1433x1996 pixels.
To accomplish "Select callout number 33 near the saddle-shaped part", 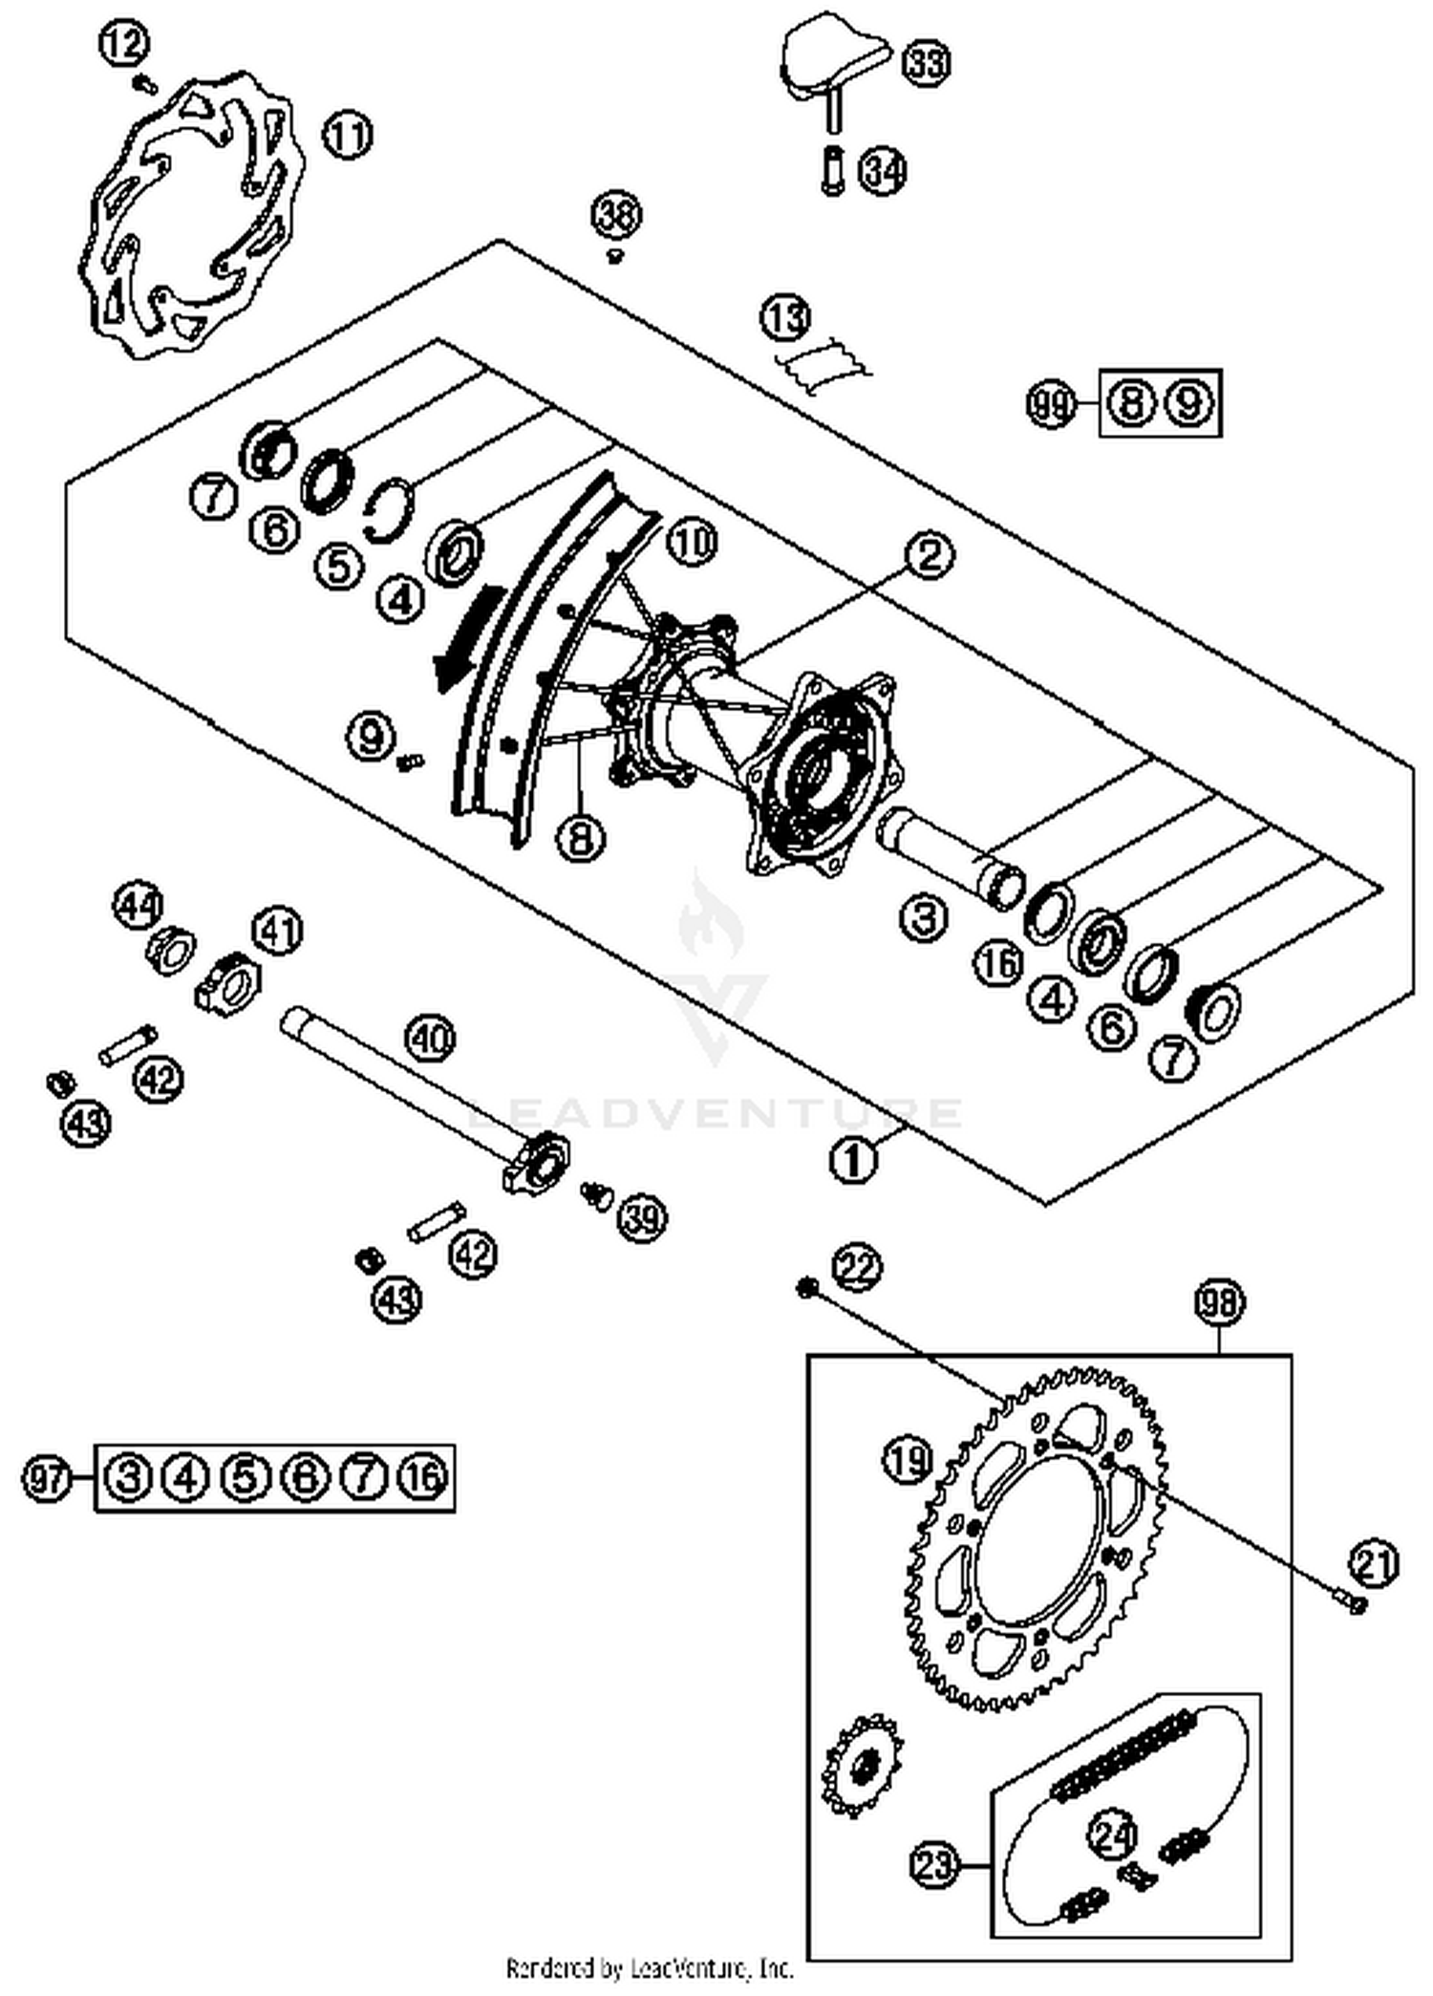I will pyautogui.click(x=926, y=64).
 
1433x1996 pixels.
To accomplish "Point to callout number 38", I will pyautogui.click(x=616, y=214).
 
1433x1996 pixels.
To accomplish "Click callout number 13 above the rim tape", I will pyautogui.click(x=785, y=318).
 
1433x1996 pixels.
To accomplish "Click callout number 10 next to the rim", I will pyautogui.click(x=692, y=543).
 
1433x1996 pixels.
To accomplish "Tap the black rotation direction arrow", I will pyautogui.click(x=465, y=640).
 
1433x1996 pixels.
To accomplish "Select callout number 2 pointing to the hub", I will pyautogui.click(x=929, y=554).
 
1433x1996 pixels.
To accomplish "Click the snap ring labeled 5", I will pyautogui.click(x=390, y=516).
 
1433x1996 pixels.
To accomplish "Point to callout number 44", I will pyautogui.click(x=139, y=905).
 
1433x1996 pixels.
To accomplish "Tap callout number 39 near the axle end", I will pyautogui.click(x=641, y=1218).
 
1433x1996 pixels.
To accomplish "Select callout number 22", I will pyautogui.click(x=856, y=1267).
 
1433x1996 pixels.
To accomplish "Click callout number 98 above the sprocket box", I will pyautogui.click(x=1220, y=1302).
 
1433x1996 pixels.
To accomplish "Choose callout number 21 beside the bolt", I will pyautogui.click(x=1374, y=1564).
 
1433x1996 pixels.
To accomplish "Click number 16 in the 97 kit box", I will pyautogui.click(x=423, y=1478).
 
